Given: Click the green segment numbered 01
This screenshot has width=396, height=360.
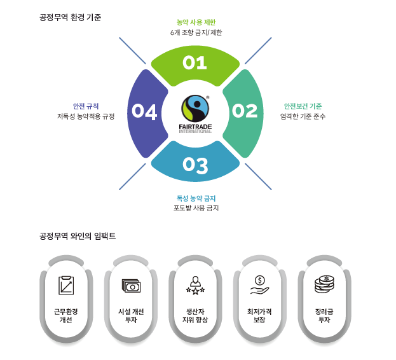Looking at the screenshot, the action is click(195, 63).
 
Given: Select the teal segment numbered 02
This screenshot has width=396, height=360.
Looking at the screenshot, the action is click(244, 111).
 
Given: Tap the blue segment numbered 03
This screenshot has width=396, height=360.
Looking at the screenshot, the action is click(195, 165).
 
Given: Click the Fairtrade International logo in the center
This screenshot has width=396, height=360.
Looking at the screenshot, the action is click(195, 113).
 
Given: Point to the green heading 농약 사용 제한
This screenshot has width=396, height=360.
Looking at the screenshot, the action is click(195, 22).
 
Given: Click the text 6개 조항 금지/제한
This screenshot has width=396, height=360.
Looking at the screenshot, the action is click(196, 32).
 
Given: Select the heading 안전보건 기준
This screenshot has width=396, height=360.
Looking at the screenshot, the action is click(303, 106).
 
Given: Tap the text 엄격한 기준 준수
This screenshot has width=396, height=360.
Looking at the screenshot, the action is click(303, 116).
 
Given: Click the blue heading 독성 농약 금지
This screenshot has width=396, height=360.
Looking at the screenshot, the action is click(196, 198).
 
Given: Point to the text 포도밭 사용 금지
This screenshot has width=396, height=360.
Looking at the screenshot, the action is click(196, 209).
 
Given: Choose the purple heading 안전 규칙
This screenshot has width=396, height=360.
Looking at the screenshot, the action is click(86, 106).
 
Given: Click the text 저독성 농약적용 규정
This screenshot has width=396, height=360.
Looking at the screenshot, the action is click(86, 116).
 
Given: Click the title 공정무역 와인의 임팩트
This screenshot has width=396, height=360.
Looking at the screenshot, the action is click(77, 236).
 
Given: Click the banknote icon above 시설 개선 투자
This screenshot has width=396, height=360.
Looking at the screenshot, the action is click(132, 286).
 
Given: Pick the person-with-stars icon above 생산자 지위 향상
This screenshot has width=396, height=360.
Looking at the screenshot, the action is click(195, 284).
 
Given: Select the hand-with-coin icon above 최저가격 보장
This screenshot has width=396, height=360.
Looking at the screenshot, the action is click(259, 284).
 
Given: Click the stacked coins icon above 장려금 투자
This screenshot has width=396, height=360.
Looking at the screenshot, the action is click(324, 284).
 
